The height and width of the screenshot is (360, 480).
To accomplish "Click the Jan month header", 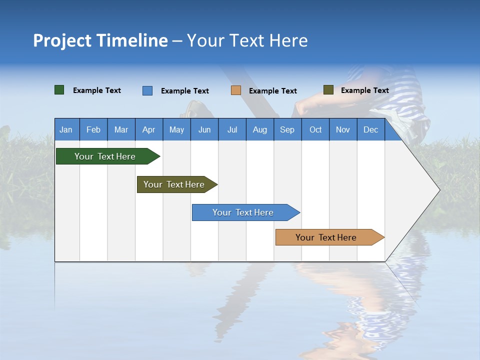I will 66,129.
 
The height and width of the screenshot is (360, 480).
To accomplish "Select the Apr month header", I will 148,129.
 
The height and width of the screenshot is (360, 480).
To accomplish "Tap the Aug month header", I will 259,129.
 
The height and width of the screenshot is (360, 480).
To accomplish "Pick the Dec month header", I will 370,129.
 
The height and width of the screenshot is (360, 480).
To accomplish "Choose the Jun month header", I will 204,129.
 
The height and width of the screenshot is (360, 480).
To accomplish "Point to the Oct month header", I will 315,129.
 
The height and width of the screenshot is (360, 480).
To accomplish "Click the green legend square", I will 59,90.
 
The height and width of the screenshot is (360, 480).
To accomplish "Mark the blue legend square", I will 147,90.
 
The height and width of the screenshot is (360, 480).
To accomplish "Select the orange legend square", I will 236,90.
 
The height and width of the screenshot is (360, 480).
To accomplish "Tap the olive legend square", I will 328,90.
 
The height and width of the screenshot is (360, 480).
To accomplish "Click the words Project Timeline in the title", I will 100,40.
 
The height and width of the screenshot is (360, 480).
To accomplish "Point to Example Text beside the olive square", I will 364,90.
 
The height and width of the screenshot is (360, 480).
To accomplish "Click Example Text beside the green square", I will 96,90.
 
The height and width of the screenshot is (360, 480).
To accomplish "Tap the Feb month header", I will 93,129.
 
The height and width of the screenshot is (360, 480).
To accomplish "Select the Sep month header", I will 287,129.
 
